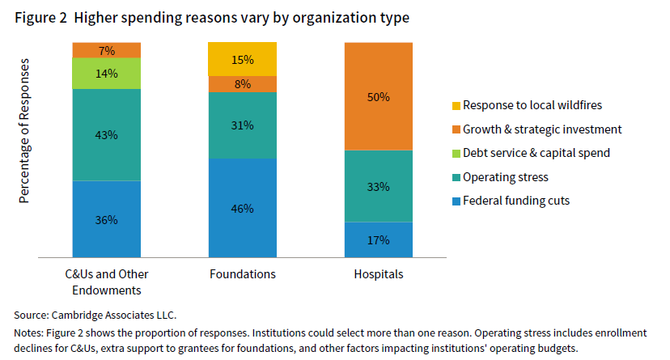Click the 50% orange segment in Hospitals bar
tap(379, 96)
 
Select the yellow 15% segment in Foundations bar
tap(243, 59)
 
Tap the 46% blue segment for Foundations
tap(243, 208)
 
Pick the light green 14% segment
tap(107, 73)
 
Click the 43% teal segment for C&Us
tap(107, 134)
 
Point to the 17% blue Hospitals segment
tap(379, 239)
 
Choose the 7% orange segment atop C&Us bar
tap(107, 50)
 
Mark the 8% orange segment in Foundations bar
tap(243, 83)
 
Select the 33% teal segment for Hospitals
tap(379, 186)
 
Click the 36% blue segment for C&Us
tap(107, 219)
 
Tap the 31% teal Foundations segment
tap(243, 125)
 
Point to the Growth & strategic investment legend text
tap(542, 129)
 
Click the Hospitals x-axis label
tap(379, 274)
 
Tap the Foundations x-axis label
tap(243, 274)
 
